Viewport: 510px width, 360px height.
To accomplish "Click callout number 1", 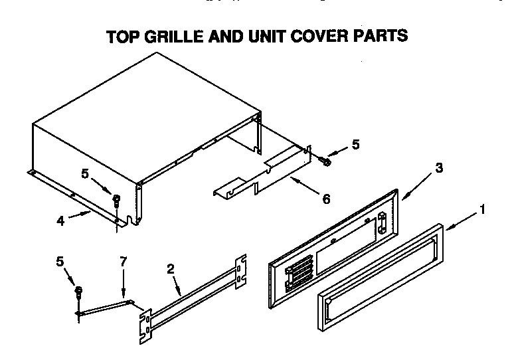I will pos(482,211).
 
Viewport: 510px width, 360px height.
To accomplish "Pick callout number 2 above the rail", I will pos(171,269).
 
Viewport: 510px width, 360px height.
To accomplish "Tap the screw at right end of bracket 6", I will pos(325,159).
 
